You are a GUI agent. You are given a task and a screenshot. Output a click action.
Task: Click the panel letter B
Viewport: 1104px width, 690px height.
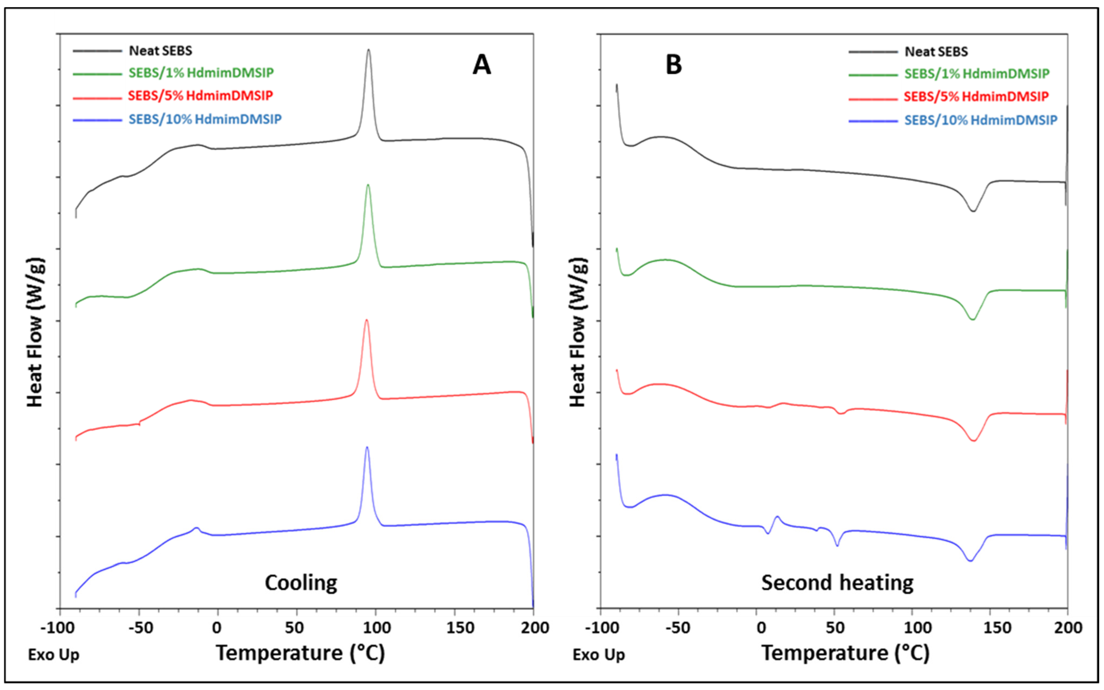click(x=673, y=65)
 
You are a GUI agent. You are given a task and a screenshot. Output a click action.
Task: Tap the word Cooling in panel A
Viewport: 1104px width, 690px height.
click(x=301, y=583)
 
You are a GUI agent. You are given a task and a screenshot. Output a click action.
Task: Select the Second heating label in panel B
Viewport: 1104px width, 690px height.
click(x=837, y=583)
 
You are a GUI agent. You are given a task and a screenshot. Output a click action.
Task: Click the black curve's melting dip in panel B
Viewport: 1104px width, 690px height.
click(x=973, y=210)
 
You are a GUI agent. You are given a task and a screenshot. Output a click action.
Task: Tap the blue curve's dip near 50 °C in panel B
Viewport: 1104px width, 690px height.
click(x=837, y=545)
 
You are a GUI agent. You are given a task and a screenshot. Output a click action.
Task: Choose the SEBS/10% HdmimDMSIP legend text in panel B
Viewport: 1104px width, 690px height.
click(x=981, y=120)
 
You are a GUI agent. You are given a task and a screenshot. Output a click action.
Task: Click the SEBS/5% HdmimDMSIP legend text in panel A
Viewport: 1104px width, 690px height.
click(x=200, y=96)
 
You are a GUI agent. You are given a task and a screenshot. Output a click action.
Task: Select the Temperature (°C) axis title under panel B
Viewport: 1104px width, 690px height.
click(x=845, y=653)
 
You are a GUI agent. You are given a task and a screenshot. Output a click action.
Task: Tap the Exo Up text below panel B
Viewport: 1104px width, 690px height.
click(x=598, y=655)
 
